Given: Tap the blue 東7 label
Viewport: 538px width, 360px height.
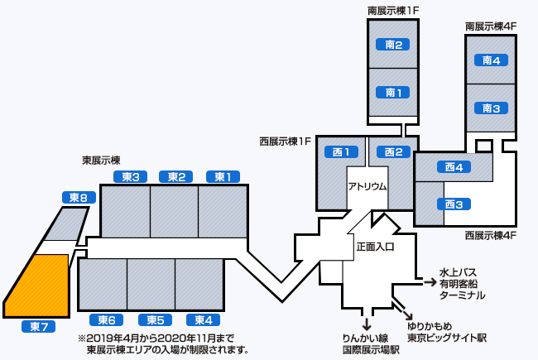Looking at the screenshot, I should tap(37, 327).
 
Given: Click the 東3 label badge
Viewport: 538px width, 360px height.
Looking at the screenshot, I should tap(129, 176).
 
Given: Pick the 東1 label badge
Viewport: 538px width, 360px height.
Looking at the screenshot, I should tap(223, 176).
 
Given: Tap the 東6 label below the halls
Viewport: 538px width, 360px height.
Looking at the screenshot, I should tap(106, 320).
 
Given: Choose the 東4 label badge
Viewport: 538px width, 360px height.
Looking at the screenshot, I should tap(203, 320).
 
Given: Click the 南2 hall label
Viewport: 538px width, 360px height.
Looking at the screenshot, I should tap(393, 45).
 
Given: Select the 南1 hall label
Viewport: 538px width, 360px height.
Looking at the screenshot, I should tap(393, 92).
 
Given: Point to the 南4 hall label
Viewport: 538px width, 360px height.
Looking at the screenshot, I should tap(491, 60).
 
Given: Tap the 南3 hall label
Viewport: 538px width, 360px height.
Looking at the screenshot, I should tap(491, 108).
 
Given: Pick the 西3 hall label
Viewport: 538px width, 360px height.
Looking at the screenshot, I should tap(453, 204).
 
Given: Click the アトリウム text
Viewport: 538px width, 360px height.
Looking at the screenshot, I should tap(367, 186).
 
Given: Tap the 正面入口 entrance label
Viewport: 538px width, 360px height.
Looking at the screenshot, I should tap(375, 247).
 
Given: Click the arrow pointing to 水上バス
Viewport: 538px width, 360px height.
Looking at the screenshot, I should tap(429, 282).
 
